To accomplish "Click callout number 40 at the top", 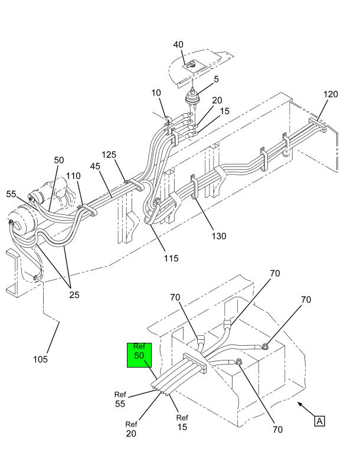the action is click(x=178, y=45).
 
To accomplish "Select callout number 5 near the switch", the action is click(x=216, y=79).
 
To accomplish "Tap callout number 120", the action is click(x=331, y=94).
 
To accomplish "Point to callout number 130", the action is click(x=219, y=236).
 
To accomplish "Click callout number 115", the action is click(x=171, y=258).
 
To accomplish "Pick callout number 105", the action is click(x=40, y=359).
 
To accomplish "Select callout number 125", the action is click(x=109, y=155).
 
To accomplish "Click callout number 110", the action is click(x=73, y=176).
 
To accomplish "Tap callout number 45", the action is click(x=95, y=166).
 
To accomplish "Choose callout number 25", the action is click(x=74, y=295).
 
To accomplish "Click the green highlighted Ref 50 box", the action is click(x=139, y=355).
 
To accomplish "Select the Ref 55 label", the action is click(x=120, y=399).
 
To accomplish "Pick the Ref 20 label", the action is click(x=131, y=429).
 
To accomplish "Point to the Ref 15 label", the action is click(x=182, y=422).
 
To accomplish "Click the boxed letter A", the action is click(x=320, y=421).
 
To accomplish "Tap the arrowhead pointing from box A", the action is click(x=300, y=404).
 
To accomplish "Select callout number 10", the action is click(x=156, y=93).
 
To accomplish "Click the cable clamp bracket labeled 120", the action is click(x=318, y=125).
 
